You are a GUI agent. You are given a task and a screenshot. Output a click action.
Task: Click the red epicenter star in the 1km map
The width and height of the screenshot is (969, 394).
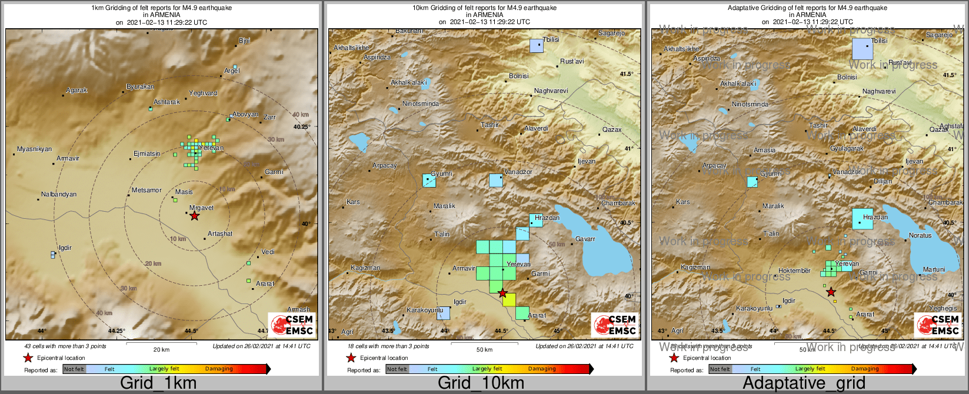click(195, 216)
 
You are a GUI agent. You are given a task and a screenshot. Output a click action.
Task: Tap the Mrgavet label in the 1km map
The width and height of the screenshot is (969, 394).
click(201, 208)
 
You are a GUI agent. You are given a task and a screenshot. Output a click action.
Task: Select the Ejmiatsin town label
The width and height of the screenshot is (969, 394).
click(146, 153)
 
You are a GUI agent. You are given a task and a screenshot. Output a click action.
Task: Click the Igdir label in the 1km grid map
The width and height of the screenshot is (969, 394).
click(65, 248)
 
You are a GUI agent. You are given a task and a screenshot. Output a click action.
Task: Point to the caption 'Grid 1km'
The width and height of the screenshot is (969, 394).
click(158, 383)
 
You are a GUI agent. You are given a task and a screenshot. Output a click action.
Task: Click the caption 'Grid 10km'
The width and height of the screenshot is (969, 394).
click(481, 383)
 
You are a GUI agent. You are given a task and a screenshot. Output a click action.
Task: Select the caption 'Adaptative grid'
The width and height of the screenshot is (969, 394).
click(804, 383)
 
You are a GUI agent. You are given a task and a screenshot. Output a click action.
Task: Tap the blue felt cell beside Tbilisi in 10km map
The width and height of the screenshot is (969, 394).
click(536, 46)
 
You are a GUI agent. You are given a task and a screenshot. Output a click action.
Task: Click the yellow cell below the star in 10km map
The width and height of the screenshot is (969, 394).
click(509, 299)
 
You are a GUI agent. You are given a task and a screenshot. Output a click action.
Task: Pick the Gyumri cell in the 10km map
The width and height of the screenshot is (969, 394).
click(429, 181)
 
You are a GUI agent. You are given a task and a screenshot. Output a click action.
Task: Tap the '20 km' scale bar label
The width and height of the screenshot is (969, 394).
click(161, 349)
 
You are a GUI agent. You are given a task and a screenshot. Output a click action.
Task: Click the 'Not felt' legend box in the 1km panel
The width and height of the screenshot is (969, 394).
click(74, 369)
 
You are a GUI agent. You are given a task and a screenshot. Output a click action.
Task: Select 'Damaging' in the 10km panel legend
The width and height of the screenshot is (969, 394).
click(541, 369)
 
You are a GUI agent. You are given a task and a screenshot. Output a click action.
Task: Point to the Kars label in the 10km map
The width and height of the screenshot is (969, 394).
click(353, 202)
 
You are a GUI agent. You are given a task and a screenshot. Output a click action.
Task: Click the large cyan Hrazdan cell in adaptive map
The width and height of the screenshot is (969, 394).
click(863, 219)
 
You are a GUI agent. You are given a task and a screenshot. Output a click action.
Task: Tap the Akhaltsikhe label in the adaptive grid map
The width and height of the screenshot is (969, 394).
click(681, 49)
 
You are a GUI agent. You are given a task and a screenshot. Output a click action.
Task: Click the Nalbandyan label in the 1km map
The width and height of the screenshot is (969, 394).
click(59, 194)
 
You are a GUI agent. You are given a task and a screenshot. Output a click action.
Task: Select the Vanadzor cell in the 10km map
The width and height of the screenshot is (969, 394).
click(496, 181)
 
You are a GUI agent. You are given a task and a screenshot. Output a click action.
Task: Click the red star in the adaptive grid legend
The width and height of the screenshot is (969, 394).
click(674, 358)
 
